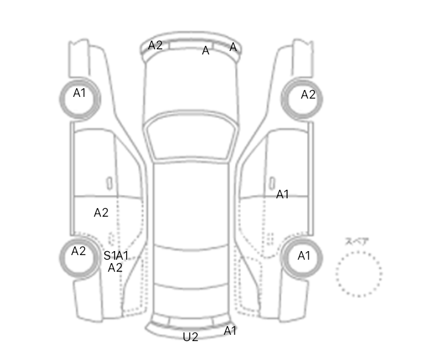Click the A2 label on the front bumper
click(155, 45)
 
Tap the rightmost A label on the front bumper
click(233, 47)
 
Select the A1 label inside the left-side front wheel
click(79, 93)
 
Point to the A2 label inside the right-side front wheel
click(308, 95)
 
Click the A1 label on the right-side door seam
click(282, 194)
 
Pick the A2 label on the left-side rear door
click(101, 213)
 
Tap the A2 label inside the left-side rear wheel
click(78, 251)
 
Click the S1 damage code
click(110, 256)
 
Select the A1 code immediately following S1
click(123, 256)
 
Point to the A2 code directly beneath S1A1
click(115, 268)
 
